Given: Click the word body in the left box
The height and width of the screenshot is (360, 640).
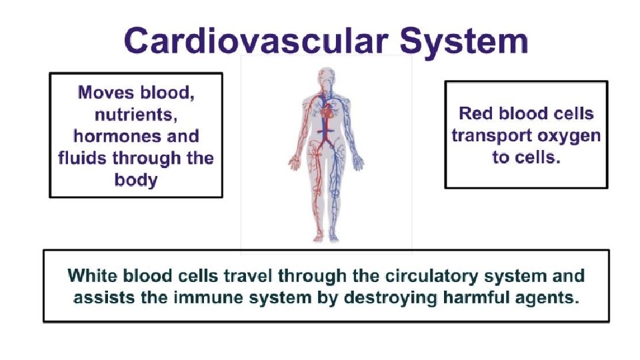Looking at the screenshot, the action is pyautogui.click(x=136, y=180).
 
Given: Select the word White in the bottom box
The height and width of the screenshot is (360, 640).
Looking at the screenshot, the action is pyautogui.click(x=93, y=275).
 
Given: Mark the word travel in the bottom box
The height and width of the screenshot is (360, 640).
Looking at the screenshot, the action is pyautogui.click(x=247, y=275).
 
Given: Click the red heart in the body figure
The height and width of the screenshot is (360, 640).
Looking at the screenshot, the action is pyautogui.click(x=326, y=113).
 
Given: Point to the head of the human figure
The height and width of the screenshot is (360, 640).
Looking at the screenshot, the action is pyautogui.click(x=326, y=77).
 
